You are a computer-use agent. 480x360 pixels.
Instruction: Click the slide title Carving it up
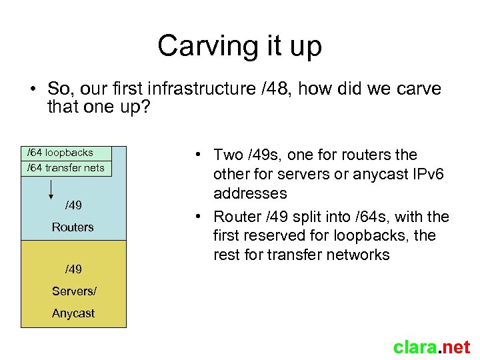click(240, 45)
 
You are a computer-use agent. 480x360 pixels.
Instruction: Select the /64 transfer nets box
click(66, 168)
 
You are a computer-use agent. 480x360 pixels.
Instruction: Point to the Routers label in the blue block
click(73, 227)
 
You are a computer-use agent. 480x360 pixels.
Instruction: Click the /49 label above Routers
click(73, 204)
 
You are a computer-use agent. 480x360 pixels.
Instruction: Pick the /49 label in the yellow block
click(73, 269)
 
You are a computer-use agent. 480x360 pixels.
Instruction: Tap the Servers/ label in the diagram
click(73, 291)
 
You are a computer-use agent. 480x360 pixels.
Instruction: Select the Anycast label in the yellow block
click(73, 313)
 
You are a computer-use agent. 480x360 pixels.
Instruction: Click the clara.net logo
click(431, 347)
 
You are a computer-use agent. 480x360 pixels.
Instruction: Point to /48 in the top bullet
click(272, 89)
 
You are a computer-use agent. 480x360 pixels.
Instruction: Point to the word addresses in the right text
click(250, 193)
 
